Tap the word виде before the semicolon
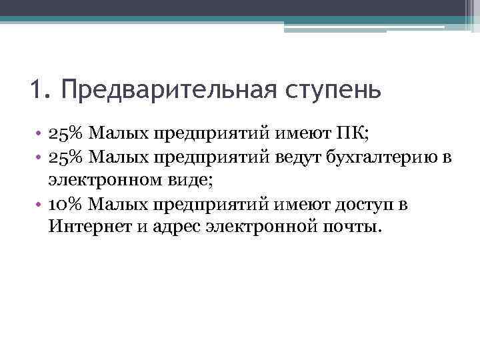pyautogui.click(x=187, y=179)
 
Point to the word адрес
pyautogui.click(x=175, y=227)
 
